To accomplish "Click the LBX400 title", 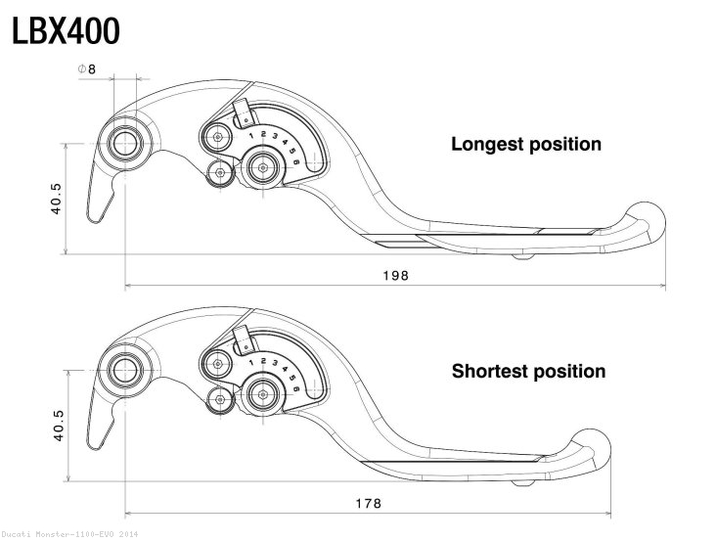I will click(67, 31).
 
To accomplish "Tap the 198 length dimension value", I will click(395, 276).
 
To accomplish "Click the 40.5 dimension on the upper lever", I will click(57, 197).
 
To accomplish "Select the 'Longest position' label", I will click(525, 144).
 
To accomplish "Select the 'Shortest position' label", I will click(527, 371).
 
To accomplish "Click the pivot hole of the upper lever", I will click(125, 143).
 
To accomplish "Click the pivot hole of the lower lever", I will click(125, 370).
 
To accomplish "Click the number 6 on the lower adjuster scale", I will click(295, 390).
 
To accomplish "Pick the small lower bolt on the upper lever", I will click(220, 173).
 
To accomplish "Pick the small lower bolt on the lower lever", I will click(220, 400).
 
